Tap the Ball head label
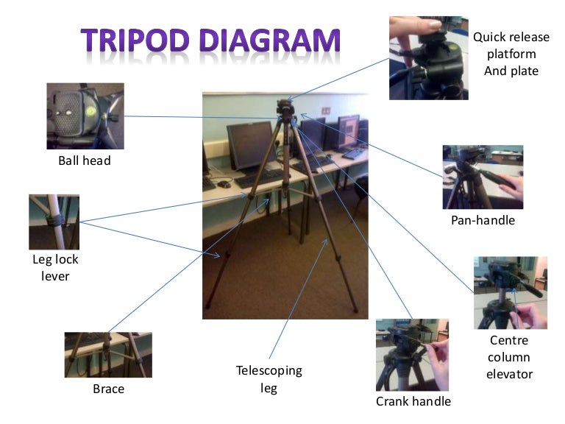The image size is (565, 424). click(84, 160)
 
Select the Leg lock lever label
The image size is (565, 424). click(55, 268)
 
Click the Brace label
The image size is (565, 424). click(108, 389)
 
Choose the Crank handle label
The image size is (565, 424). click(413, 401)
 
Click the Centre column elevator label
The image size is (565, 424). click(509, 357)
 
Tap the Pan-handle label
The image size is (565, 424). click(483, 220)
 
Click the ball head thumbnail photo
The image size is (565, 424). click(85, 116)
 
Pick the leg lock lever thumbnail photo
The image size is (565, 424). click(54, 222)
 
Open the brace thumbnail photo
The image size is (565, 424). click(108, 355)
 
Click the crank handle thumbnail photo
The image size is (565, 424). click(412, 354)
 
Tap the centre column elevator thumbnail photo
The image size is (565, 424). click(510, 292)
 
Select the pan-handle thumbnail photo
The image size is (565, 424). click(483, 177)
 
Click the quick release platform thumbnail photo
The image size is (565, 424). click(428, 57)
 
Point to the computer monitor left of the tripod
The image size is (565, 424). click(251, 145)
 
